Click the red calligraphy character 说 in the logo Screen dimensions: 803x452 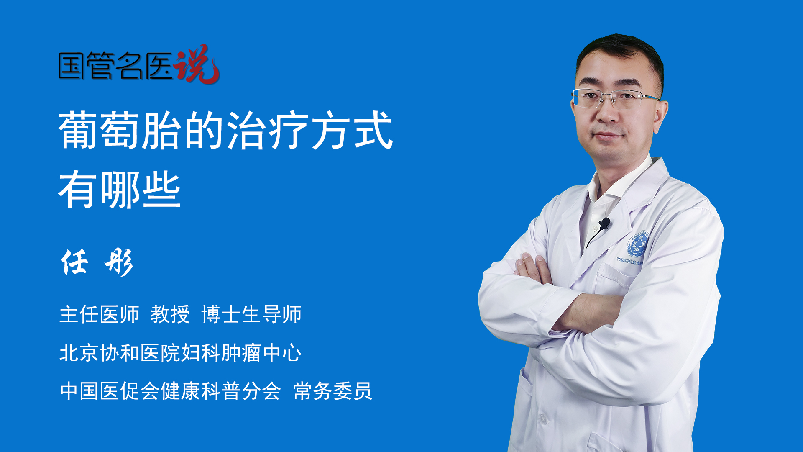[197, 64]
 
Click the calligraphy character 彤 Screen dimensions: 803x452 [119, 262]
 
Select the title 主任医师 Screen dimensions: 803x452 [99, 314]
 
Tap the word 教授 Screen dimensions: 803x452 [170, 314]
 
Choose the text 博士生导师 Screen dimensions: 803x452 [251, 314]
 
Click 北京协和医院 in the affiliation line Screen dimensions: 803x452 [120, 352]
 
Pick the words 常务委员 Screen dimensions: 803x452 [332, 391]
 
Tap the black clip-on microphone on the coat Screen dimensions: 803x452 [604, 223]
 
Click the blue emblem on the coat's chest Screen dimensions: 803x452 [637, 244]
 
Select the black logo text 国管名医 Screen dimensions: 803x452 [115, 66]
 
